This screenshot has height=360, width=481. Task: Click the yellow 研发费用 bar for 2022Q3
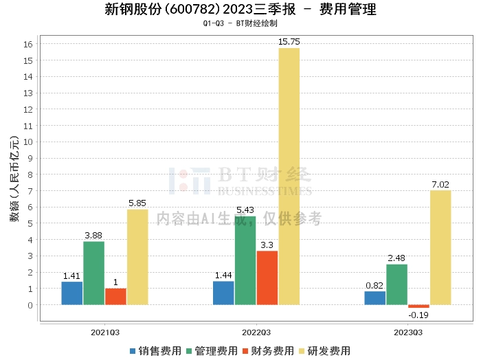(x=289, y=176)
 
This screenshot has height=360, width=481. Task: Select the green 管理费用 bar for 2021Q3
(x=94, y=273)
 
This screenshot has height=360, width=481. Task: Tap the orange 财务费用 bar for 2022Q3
(x=267, y=278)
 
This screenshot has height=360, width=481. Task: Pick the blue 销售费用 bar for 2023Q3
(x=374, y=297)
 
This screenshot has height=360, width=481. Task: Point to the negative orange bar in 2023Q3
(x=418, y=306)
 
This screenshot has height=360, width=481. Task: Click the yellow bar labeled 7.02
(x=440, y=247)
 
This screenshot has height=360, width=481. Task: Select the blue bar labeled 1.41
(x=71, y=293)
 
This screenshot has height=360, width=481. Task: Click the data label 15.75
(x=289, y=42)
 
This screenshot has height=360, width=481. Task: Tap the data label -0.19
(x=418, y=315)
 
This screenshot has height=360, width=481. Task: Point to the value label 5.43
(x=245, y=210)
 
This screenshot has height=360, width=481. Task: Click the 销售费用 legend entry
(x=155, y=351)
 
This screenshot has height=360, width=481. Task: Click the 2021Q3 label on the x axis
(x=104, y=331)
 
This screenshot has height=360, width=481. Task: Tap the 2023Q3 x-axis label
(x=407, y=331)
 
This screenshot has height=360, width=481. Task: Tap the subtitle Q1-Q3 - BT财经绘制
(x=240, y=23)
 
